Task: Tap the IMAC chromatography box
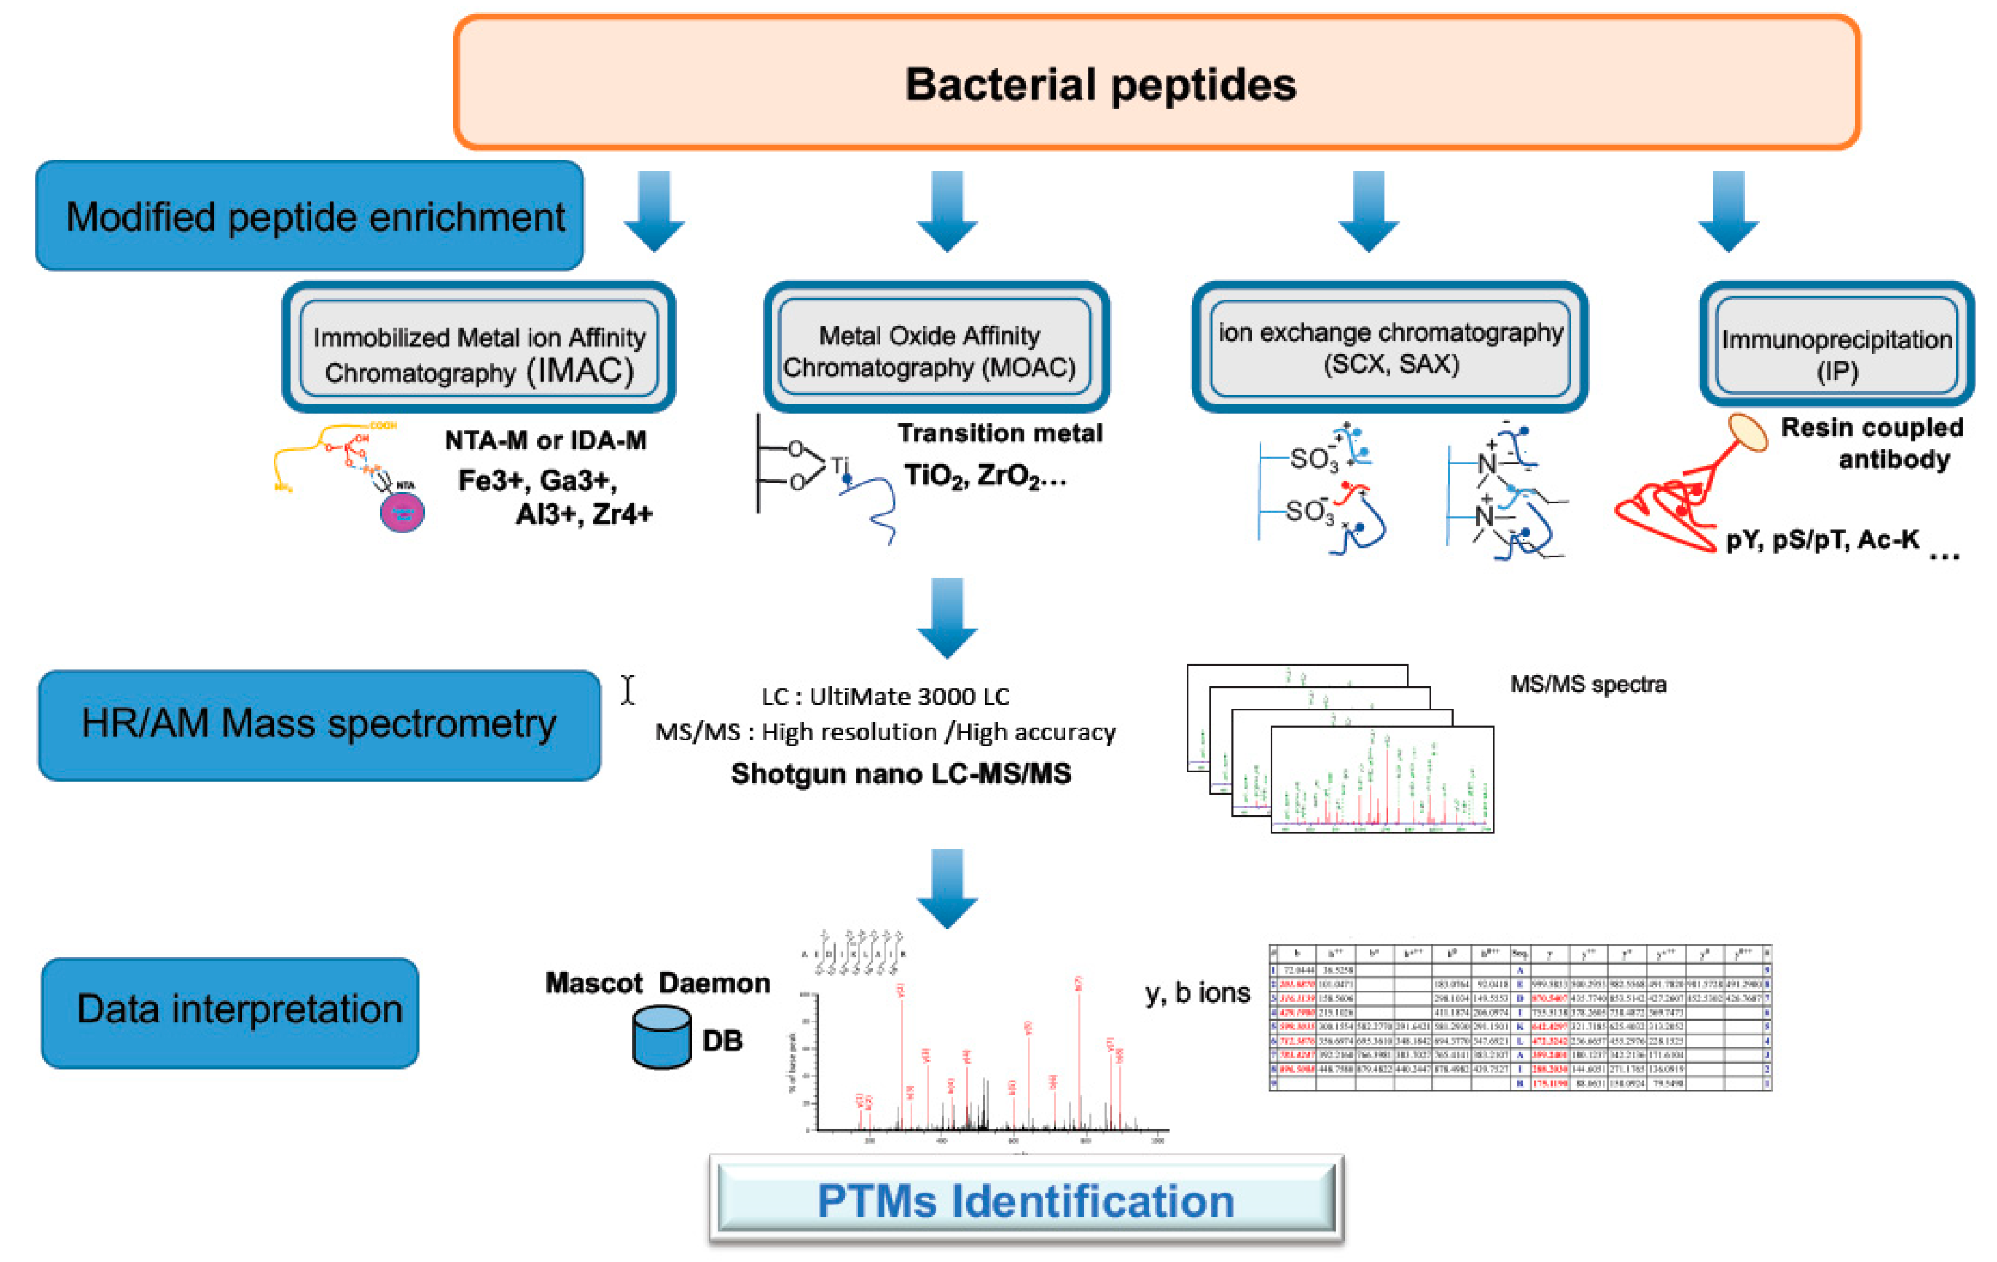tap(479, 349)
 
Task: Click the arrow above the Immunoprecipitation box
tap(1727, 211)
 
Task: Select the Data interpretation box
tap(230, 1012)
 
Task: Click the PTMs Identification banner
tap(1026, 1200)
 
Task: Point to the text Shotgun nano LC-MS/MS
tap(901, 773)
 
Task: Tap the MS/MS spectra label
tap(1587, 684)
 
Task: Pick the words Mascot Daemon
tap(657, 982)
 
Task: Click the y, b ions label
tap(1197, 992)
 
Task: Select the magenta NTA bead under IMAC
tap(402, 513)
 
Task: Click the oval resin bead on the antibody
tap(1747, 433)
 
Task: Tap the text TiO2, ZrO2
tap(985, 476)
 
